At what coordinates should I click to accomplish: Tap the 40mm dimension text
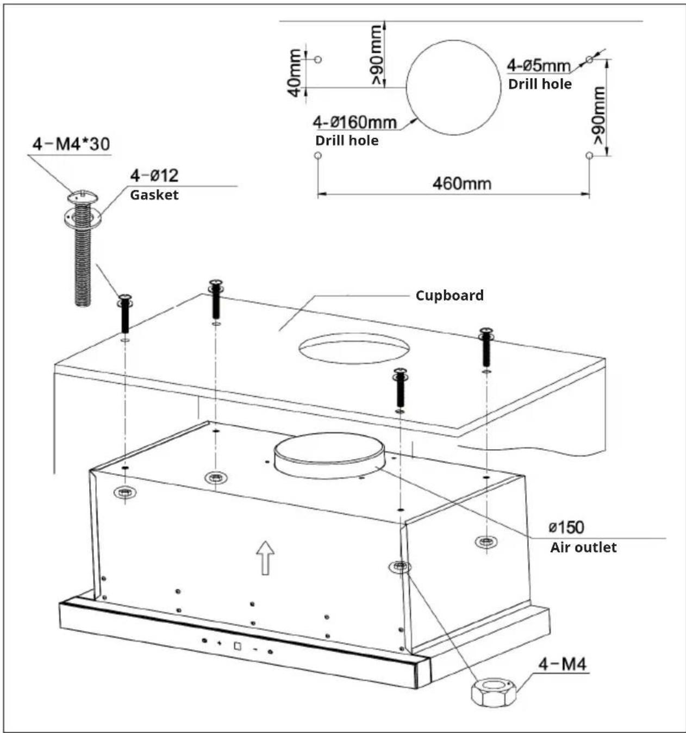pyautogui.click(x=295, y=73)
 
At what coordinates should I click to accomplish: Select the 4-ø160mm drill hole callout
pyautogui.click(x=355, y=122)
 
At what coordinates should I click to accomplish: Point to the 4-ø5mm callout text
pyautogui.click(x=538, y=66)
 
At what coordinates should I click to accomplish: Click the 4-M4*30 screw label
pyautogui.click(x=71, y=144)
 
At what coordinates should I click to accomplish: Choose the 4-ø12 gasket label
pyautogui.click(x=154, y=176)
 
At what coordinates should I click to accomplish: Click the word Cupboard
pyautogui.click(x=450, y=296)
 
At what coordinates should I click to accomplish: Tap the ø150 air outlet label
pyautogui.click(x=566, y=527)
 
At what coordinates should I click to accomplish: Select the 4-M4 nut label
pyautogui.click(x=563, y=664)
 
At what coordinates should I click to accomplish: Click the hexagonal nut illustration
pyautogui.click(x=494, y=690)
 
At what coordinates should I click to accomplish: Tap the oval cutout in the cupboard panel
pyautogui.click(x=354, y=349)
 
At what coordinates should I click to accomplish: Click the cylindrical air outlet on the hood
pyautogui.click(x=329, y=456)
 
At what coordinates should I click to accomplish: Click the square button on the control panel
pyautogui.click(x=238, y=646)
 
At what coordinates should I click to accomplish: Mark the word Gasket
pyautogui.click(x=154, y=195)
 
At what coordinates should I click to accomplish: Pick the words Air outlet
pyautogui.click(x=583, y=548)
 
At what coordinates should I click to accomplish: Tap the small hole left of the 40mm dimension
pyautogui.click(x=317, y=59)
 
